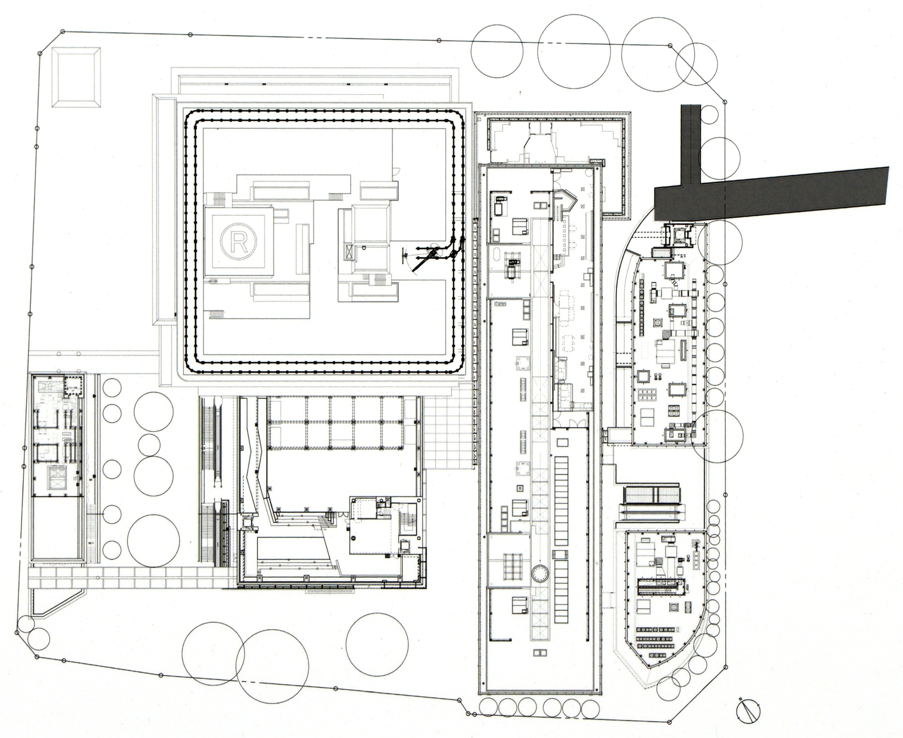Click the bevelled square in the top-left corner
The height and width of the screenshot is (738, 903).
coord(75,77)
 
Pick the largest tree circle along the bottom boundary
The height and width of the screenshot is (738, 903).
coord(272,667)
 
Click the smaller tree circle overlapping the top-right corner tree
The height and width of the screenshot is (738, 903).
coord(697,64)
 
